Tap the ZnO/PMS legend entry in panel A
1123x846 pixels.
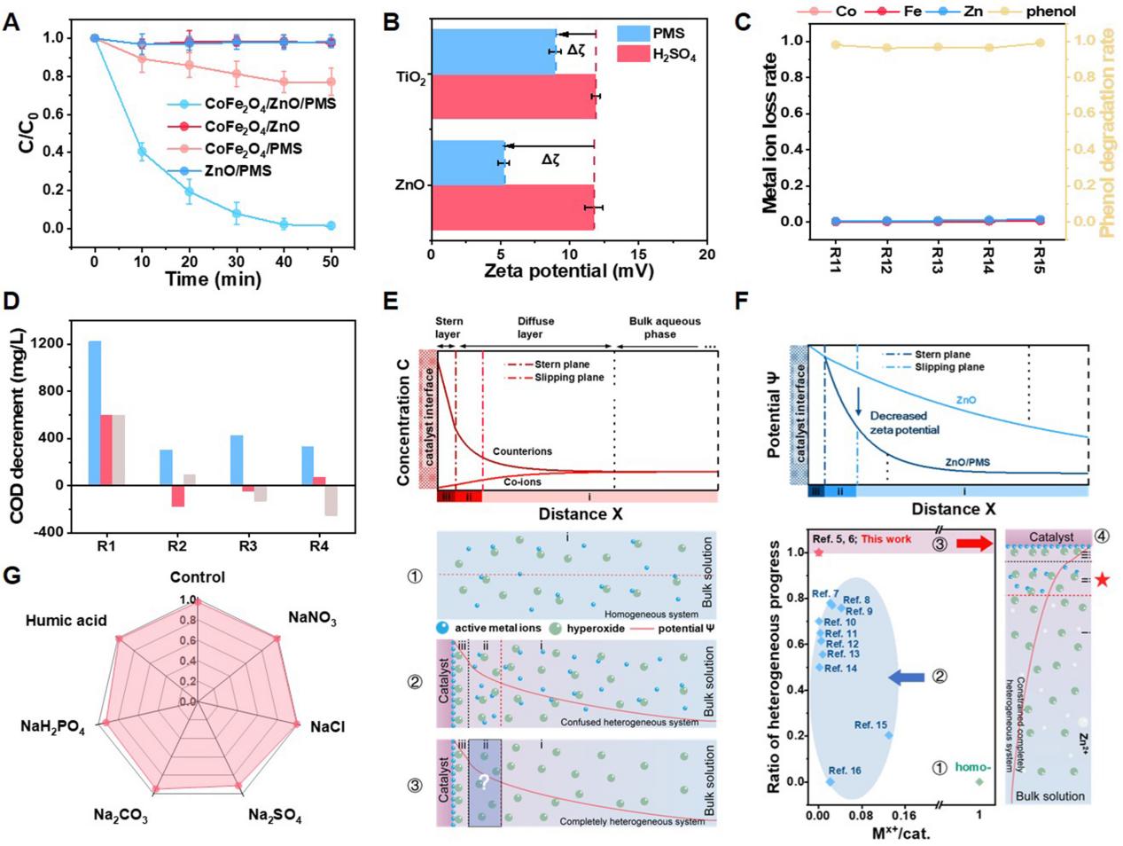pos(238,170)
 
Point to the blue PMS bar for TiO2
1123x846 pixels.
pos(495,51)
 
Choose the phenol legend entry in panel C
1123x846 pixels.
pos(1050,12)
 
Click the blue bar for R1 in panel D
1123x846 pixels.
pos(94,412)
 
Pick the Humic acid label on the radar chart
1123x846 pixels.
pos(66,621)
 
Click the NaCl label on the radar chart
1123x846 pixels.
pos(327,727)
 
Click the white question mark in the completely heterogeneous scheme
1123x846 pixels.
pos(484,782)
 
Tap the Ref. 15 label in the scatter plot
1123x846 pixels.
pos(870,725)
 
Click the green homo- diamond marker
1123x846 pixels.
pos(979,781)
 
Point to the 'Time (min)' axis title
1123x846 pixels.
pos(214,279)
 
